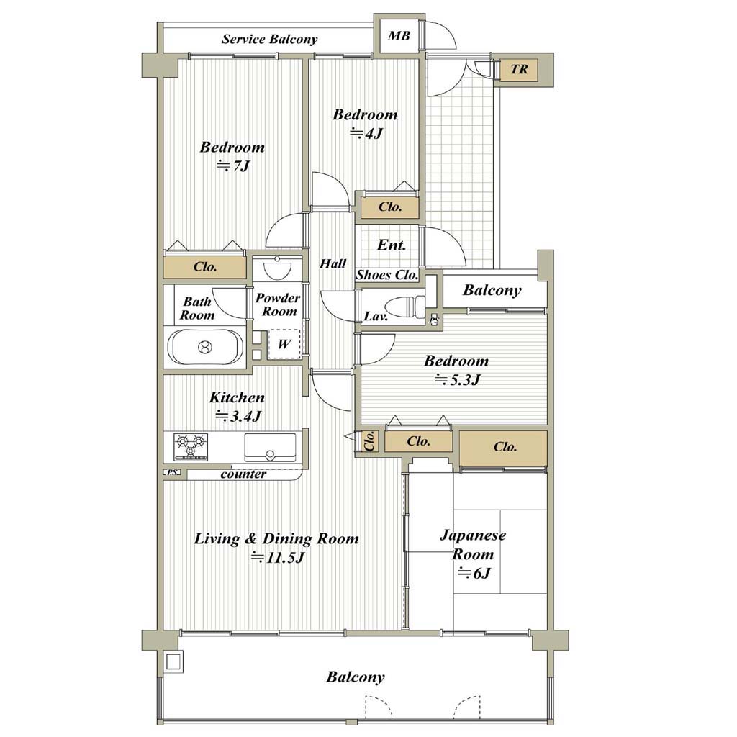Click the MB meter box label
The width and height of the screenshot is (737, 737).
pyautogui.click(x=399, y=36)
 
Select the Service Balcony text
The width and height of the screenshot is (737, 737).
pyautogui.click(x=269, y=39)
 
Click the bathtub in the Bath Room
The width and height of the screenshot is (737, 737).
pyautogui.click(x=205, y=347)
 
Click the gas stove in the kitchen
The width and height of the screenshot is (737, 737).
pyautogui.click(x=191, y=446)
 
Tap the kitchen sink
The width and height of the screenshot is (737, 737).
pyautogui.click(x=270, y=448)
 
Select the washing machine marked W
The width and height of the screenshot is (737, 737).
pyautogui.click(x=284, y=344)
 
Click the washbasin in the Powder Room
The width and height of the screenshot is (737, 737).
pyautogui.click(x=277, y=268)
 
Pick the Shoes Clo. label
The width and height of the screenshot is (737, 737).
pyautogui.click(x=386, y=275)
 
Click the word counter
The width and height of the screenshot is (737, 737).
pyautogui.click(x=243, y=474)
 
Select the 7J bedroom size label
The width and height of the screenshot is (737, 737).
pyautogui.click(x=232, y=166)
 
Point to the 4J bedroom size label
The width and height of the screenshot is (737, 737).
pyautogui.click(x=366, y=134)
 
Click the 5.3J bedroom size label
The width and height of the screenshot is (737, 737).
pyautogui.click(x=457, y=380)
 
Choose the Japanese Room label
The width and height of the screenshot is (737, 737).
pyautogui.click(x=473, y=545)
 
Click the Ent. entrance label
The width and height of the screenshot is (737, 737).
pyautogui.click(x=391, y=245)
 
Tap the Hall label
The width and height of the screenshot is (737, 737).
pyautogui.click(x=333, y=263)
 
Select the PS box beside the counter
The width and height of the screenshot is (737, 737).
pyautogui.click(x=173, y=472)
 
